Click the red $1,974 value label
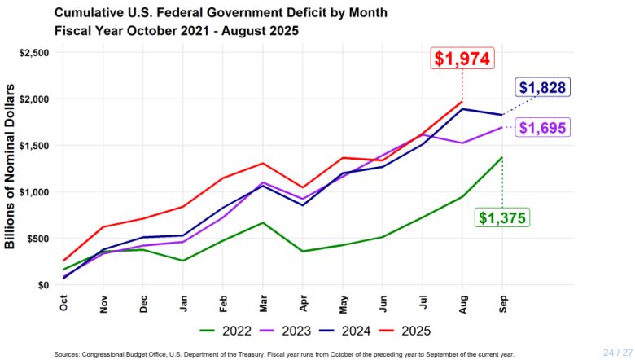click(462, 59)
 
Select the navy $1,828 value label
click(541, 88)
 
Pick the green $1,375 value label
click(502, 217)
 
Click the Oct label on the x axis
click(64, 302)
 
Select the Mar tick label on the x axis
click(264, 302)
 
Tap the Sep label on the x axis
click(502, 302)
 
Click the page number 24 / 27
click(616, 352)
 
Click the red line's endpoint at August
click(462, 102)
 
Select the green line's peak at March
click(264, 222)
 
